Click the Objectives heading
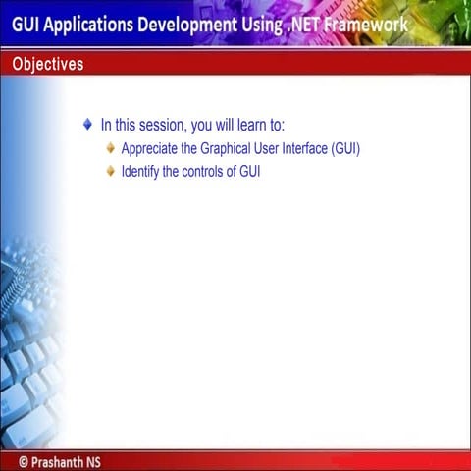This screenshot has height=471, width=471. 48,65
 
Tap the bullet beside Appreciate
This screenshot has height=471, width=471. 110,149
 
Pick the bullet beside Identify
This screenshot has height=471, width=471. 110,171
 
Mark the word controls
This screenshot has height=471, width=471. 204,172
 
